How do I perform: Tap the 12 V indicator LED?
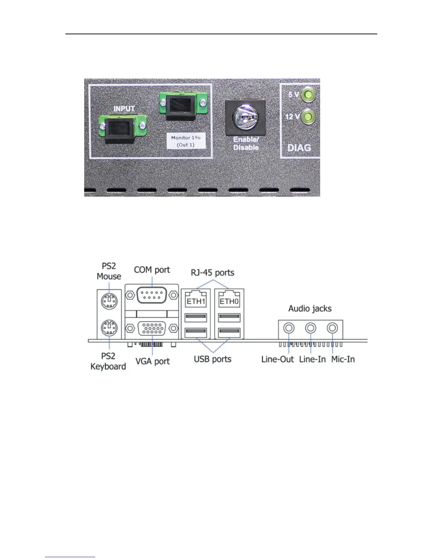tap(308, 117)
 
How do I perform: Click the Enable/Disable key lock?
tap(246, 117)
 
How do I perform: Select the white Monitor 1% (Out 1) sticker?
tap(186, 141)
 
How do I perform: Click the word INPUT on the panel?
tap(124, 109)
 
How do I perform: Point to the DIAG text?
tap(299, 147)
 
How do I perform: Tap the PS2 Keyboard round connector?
tap(109, 329)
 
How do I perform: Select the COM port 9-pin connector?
tap(152, 294)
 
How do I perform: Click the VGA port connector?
tap(152, 329)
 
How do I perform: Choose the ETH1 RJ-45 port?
tap(196, 299)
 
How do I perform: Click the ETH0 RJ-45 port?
tap(229, 299)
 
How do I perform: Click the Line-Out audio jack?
tap(289, 328)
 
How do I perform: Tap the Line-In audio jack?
tap(311, 328)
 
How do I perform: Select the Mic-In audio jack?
tap(332, 328)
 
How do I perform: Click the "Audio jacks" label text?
tap(310, 309)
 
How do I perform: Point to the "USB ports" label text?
tap(212, 359)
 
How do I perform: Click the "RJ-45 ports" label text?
tap(212, 273)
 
